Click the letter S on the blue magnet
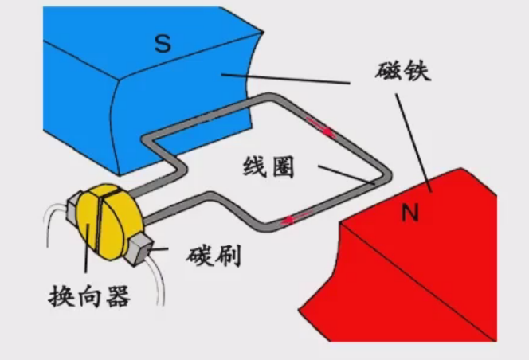point(163,43)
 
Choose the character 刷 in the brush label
point(228,256)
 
